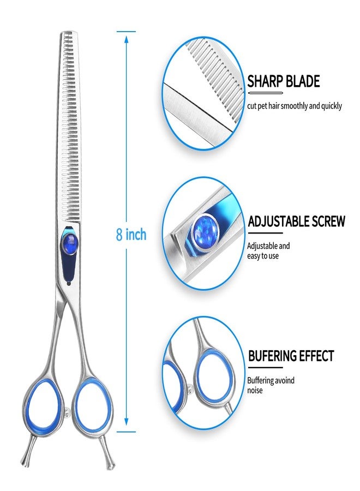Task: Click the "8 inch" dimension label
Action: (x=131, y=234)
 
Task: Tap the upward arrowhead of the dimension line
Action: (x=126, y=39)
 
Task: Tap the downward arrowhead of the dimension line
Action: (x=126, y=422)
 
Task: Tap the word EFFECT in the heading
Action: (x=316, y=356)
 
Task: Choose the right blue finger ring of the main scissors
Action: (x=93, y=403)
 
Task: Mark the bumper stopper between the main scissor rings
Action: (x=67, y=414)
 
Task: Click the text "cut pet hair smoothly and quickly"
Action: (x=294, y=106)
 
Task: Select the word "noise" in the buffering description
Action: (x=255, y=390)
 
